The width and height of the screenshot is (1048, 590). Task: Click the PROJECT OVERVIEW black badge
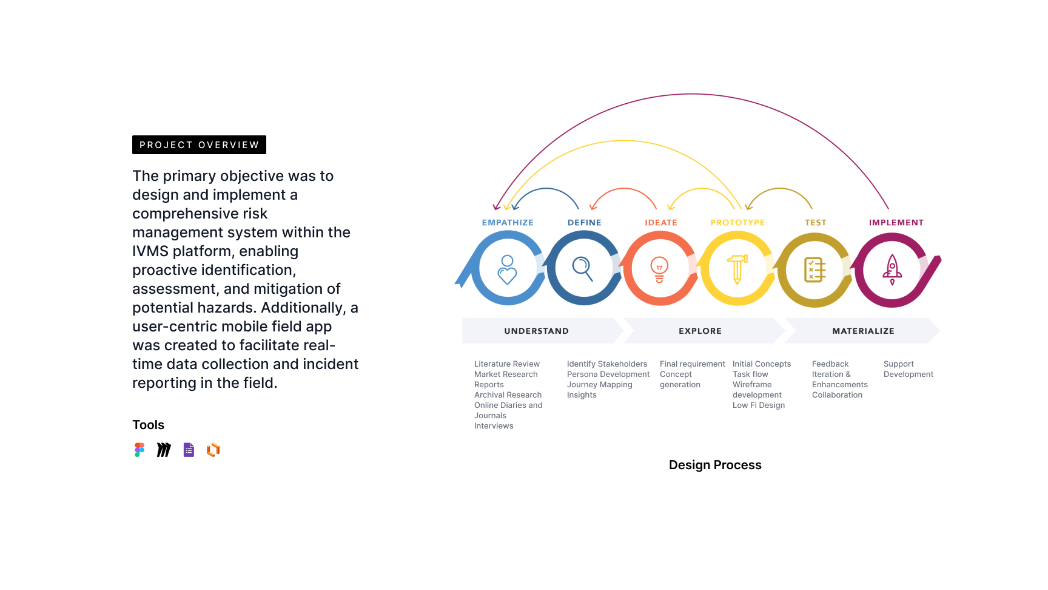pyautogui.click(x=199, y=144)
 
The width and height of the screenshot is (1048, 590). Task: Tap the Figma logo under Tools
pyautogui.click(x=139, y=450)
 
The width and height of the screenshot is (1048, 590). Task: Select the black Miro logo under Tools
pyautogui.click(x=164, y=450)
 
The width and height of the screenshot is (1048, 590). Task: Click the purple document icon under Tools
pyautogui.click(x=189, y=450)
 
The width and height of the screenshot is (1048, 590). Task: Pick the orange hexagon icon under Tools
pyautogui.click(x=213, y=450)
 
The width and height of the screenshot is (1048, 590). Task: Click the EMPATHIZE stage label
pyautogui.click(x=508, y=223)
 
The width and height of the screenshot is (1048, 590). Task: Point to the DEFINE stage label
pyautogui.click(x=585, y=223)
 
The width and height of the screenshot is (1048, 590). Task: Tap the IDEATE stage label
pyautogui.click(x=661, y=223)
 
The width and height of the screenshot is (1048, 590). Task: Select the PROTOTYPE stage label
pyautogui.click(x=737, y=223)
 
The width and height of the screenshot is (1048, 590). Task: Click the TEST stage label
pyautogui.click(x=816, y=223)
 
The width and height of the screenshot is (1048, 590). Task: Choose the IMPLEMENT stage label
pyautogui.click(x=896, y=223)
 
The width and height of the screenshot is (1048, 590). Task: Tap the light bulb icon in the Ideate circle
pyautogui.click(x=659, y=270)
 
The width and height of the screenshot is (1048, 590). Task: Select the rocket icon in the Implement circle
pyautogui.click(x=892, y=270)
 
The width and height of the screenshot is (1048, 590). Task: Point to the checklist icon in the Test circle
pyautogui.click(x=815, y=270)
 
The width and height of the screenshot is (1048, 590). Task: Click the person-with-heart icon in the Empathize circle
pyautogui.click(x=507, y=270)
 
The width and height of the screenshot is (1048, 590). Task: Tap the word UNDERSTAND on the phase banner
pyautogui.click(x=537, y=331)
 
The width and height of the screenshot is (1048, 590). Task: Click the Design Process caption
pyautogui.click(x=715, y=465)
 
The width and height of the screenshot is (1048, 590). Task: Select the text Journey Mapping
pyautogui.click(x=600, y=385)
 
